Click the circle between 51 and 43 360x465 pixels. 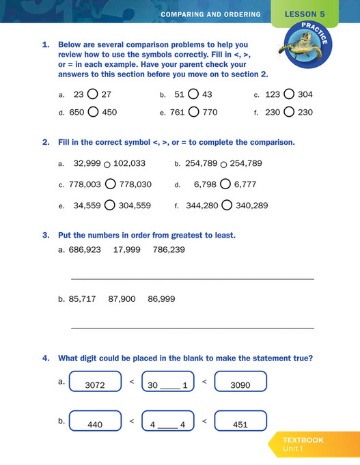[193, 95]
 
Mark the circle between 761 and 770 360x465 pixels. [193, 112]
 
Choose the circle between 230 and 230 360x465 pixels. [289, 112]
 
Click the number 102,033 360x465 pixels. [129, 164]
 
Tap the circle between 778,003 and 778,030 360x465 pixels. [110, 184]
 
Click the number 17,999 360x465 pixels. [126, 250]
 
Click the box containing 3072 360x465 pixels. [95, 382]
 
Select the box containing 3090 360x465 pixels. [240, 382]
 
